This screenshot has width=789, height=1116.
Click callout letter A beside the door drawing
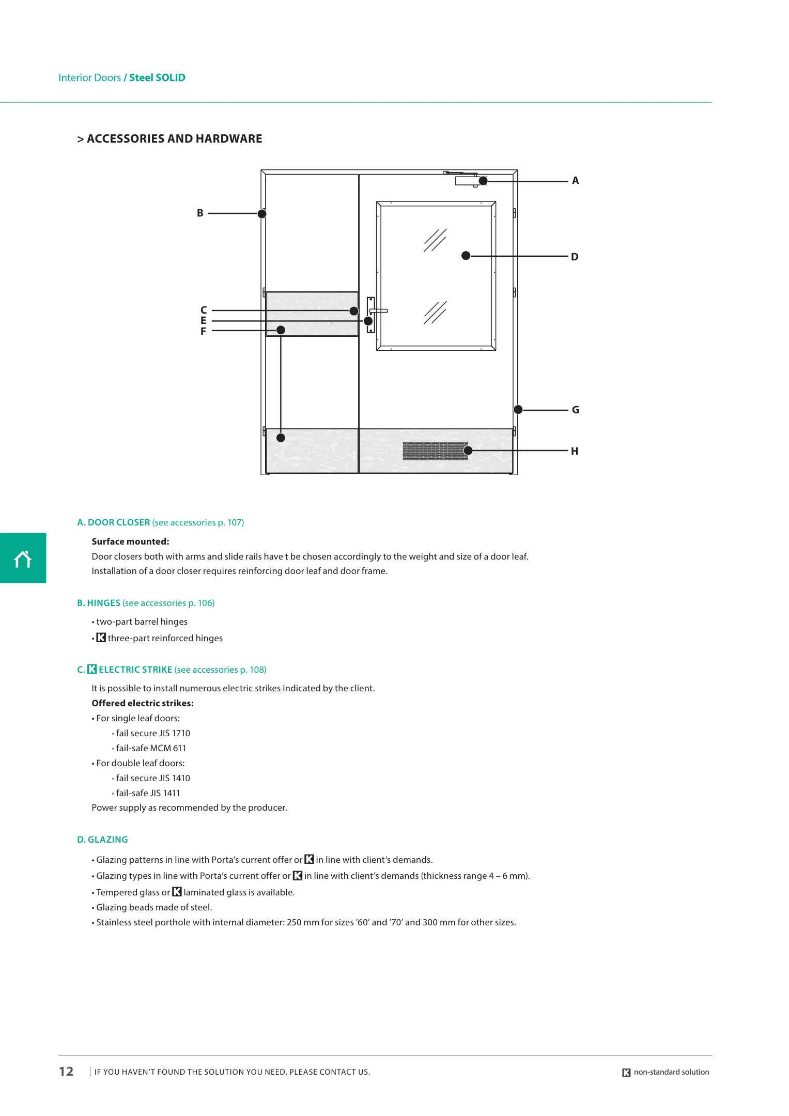tap(575, 181)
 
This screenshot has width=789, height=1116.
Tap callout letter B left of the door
tap(200, 213)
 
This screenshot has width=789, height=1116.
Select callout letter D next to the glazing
tap(575, 257)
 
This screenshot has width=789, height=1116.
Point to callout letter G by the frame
tap(575, 410)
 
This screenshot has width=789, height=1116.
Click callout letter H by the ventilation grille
tap(575, 451)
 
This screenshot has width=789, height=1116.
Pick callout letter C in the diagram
tap(204, 310)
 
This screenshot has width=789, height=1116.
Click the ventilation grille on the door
tap(435, 451)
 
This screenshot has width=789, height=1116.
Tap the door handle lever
tap(379, 311)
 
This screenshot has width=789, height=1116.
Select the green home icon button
tap(23, 558)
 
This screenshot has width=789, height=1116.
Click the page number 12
tap(66, 1072)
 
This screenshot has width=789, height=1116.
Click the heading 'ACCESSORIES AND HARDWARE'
tap(174, 138)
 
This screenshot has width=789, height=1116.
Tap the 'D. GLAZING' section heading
tap(102, 840)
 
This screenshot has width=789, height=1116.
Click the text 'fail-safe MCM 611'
tap(150, 748)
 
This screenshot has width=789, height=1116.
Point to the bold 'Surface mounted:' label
tap(130, 541)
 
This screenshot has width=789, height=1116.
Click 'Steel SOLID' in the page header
tap(157, 78)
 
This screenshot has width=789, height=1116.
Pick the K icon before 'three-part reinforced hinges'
tap(101, 638)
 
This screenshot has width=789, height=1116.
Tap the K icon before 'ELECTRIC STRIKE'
tap(92, 669)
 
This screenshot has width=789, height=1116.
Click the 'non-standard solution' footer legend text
tap(671, 1072)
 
